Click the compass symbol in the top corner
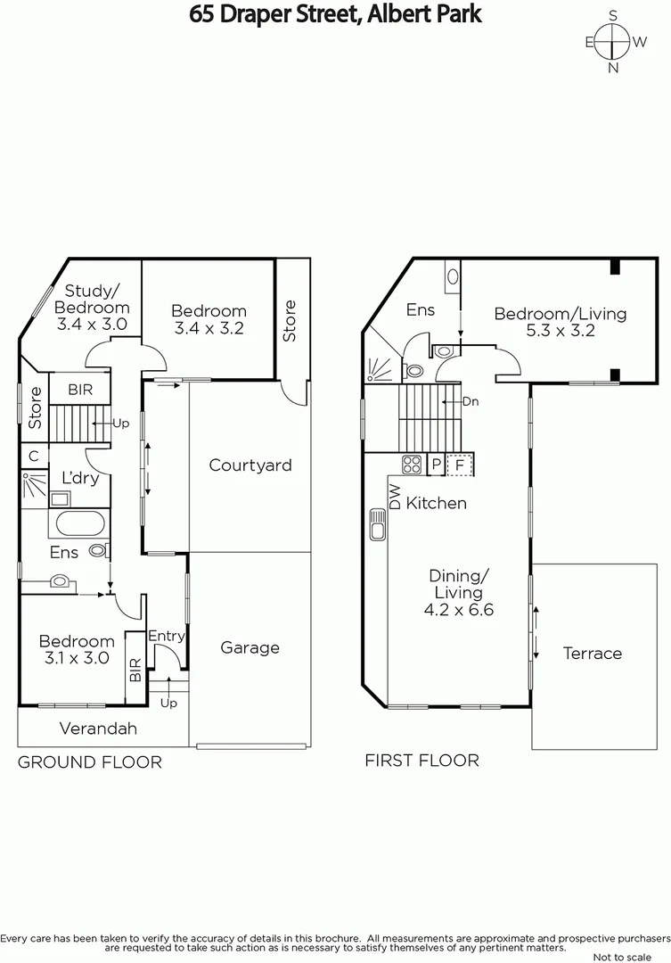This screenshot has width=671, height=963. tap(613, 41)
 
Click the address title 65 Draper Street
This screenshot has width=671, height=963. tap(335, 14)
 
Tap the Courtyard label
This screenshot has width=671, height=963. tap(250, 465)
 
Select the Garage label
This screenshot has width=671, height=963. tap(250, 647)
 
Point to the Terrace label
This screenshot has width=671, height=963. tap(592, 653)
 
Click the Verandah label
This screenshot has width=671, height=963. tap(98, 728)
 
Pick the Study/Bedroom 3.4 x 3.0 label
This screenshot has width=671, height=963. tap(93, 307)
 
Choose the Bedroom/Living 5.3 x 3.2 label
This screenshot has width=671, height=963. tap(560, 322)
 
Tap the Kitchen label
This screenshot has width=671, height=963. tap(436, 503)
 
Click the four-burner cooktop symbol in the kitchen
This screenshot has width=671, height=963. tap(412, 465)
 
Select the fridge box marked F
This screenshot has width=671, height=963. tap(460, 465)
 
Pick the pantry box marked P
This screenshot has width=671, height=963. tap(436, 465)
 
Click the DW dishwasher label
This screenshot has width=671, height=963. tap(394, 497)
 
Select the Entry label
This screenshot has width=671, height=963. tap(166, 635)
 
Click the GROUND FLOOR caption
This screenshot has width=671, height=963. tap(90, 761)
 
